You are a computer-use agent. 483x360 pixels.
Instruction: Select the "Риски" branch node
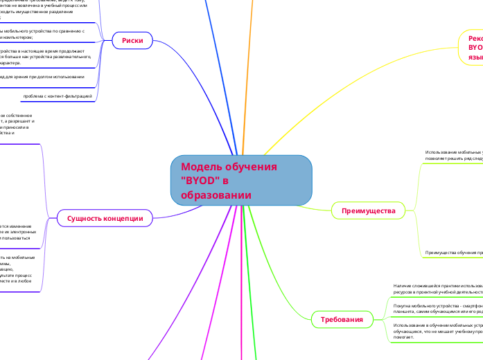pyautogui.click(x=132, y=41)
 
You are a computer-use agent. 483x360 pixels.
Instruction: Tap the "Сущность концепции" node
pyautogui.click(x=104, y=218)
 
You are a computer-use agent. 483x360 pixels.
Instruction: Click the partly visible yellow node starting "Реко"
pyautogui.click(x=473, y=48)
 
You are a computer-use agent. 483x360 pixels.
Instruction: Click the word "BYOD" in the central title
pyautogui.click(x=200, y=181)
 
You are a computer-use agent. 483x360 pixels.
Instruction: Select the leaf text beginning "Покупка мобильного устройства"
pyautogui.click(x=437, y=307)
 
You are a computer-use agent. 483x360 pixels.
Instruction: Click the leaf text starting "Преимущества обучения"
pyautogui.click(x=454, y=253)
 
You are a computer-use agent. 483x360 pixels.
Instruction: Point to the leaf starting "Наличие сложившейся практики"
pyautogui.click(x=437, y=289)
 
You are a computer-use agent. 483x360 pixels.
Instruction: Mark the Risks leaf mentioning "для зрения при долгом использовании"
pyautogui.click(x=42, y=76)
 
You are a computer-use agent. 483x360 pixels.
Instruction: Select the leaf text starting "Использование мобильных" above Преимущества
pyautogui.click(x=454, y=155)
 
